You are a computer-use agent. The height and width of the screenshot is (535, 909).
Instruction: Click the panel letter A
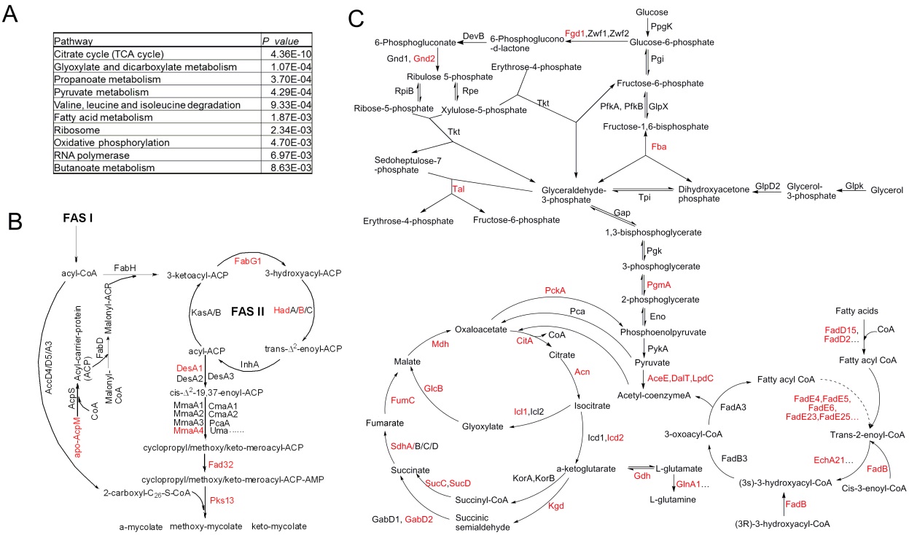12,16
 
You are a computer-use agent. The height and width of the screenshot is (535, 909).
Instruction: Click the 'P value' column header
281,41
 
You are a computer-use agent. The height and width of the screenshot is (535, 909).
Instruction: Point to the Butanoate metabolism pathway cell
105,168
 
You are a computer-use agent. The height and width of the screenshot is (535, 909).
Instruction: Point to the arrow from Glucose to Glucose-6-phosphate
647,27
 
